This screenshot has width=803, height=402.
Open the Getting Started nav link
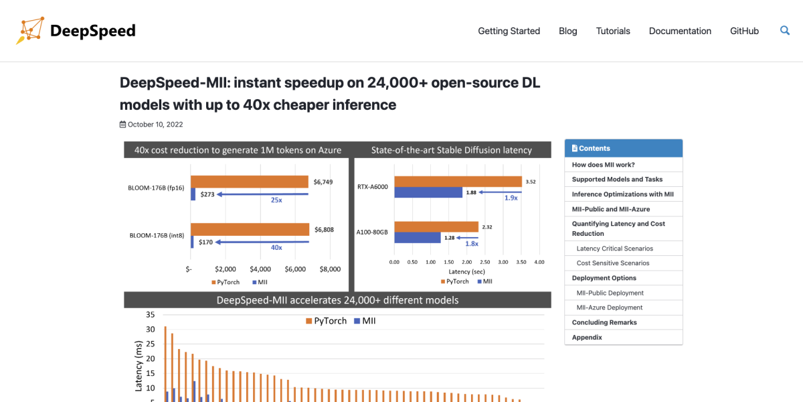pos(509,31)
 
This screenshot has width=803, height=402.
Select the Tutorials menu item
pos(613,31)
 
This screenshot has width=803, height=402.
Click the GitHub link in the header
pos(744,31)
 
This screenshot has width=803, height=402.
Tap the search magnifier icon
pos(785,30)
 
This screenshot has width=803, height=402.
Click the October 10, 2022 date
pos(155,125)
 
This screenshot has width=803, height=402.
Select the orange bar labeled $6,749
pos(249,182)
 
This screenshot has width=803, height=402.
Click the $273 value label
pos(207,194)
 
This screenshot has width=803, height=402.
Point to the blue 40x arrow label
pos(276,247)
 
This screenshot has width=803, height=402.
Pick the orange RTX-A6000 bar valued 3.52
pos(458,182)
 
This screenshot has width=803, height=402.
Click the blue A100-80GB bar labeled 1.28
pos(417,238)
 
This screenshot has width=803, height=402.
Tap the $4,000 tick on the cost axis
pos(260,269)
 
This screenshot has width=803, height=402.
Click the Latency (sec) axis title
pos(466,271)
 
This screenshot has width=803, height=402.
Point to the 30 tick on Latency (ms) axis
pos(150,329)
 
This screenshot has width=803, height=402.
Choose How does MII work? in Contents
pos(603,165)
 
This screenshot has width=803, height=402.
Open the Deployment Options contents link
pos(604,278)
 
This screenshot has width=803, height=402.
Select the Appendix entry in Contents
pos(587,338)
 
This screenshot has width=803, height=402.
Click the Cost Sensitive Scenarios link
pos(613,263)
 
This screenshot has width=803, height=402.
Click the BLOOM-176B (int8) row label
pos(157,236)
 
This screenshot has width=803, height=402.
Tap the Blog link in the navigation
pos(567,31)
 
